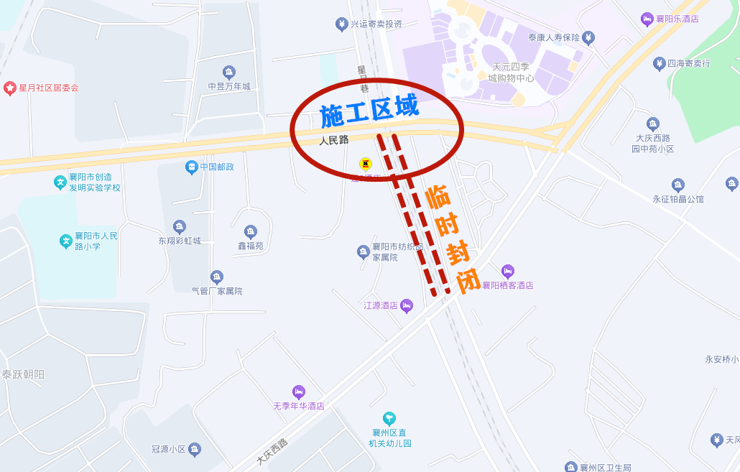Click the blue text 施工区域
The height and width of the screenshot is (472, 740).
point(369,112)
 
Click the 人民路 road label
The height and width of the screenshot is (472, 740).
point(334,140)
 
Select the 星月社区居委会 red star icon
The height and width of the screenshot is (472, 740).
point(10,88)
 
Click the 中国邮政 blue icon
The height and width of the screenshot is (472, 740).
point(191,167)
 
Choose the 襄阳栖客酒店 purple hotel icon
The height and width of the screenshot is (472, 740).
point(507,272)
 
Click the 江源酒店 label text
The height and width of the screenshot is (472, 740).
point(381,306)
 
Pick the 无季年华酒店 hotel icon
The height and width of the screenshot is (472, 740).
point(299,392)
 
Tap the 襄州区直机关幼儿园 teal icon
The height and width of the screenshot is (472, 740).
point(389,418)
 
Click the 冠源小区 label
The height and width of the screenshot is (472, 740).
point(169,450)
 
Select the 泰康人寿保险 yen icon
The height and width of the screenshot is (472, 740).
point(588,37)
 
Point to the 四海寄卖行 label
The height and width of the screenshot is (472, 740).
point(688,63)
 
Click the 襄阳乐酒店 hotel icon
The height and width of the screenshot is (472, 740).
point(647,19)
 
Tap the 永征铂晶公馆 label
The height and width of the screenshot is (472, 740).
point(678,199)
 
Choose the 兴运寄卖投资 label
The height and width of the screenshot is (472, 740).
point(376,24)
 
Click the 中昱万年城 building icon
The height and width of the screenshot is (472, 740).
point(229,72)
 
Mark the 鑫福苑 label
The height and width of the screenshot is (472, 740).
point(251,246)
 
